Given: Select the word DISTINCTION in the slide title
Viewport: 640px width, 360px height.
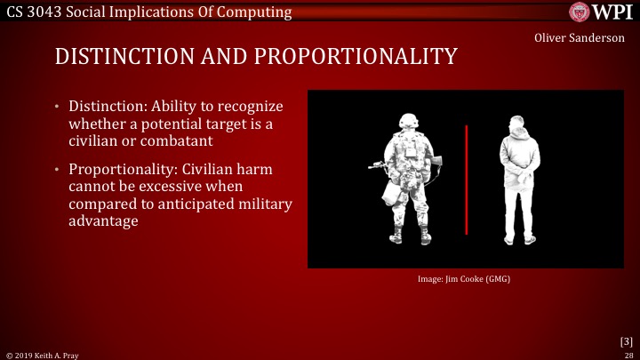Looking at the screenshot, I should [x=120, y=56].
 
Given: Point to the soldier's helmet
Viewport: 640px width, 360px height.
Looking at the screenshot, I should [x=409, y=123].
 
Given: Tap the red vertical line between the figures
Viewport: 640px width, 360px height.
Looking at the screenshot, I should [x=467, y=180].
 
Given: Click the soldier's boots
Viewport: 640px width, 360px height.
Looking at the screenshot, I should [x=410, y=237].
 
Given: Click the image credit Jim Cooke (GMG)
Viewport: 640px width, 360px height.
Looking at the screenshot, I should [x=464, y=279].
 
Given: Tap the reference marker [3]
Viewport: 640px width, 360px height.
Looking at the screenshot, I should [x=626, y=340].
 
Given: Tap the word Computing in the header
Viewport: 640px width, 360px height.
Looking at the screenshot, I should [x=258, y=11].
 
